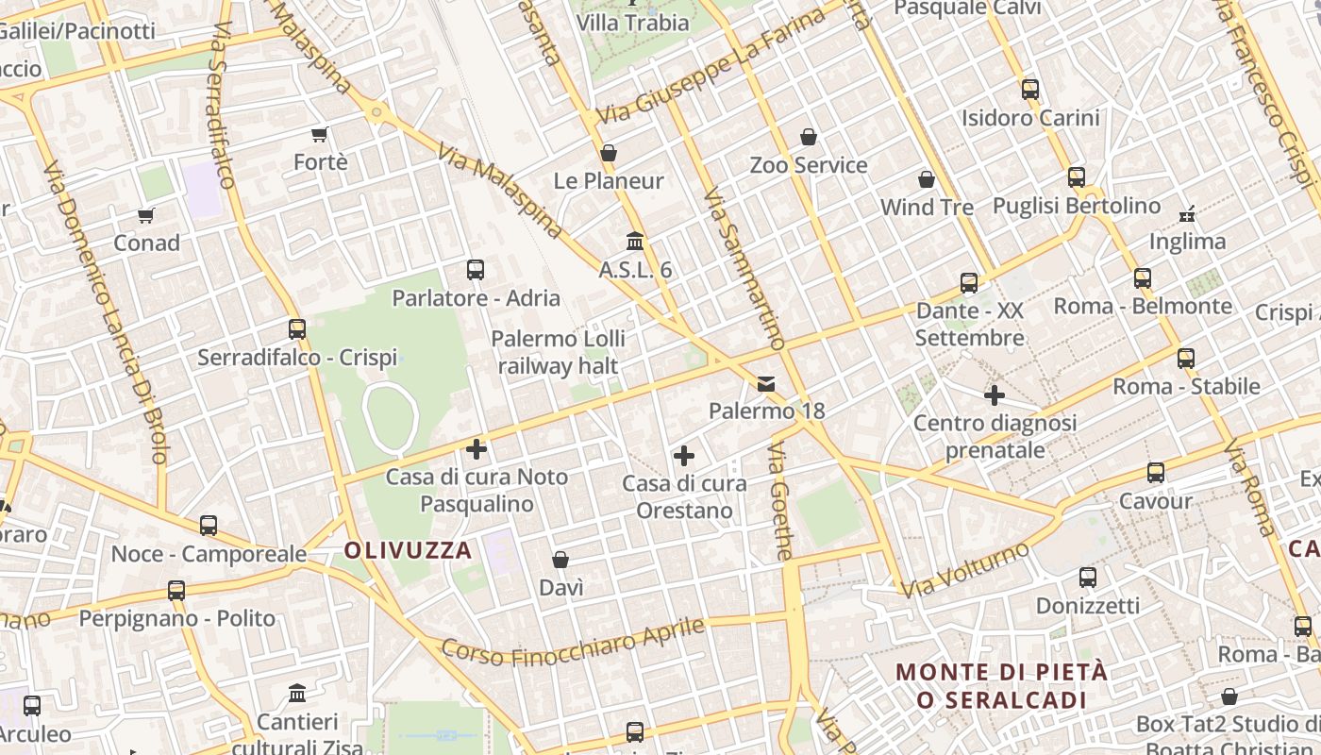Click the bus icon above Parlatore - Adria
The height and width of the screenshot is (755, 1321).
(476, 270)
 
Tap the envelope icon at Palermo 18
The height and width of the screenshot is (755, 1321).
(766, 384)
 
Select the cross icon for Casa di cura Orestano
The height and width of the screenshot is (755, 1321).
(684, 457)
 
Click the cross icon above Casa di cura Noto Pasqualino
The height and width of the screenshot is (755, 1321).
(477, 449)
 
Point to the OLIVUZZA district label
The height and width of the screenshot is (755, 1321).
(408, 550)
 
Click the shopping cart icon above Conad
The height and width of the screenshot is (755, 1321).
(146, 216)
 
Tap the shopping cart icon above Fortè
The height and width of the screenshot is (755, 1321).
(320, 135)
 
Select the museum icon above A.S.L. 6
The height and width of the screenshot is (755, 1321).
(635, 242)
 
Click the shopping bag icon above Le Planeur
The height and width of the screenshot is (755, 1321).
(609, 153)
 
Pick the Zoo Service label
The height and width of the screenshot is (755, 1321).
(809, 165)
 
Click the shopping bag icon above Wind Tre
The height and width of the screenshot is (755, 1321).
(927, 179)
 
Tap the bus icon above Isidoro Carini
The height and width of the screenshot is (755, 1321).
(1029, 90)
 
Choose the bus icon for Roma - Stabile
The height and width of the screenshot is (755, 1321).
(1186, 359)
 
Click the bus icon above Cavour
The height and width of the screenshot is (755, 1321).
(1156, 473)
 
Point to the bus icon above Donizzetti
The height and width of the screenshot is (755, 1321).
(1088, 578)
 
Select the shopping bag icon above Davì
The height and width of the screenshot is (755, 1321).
(560, 560)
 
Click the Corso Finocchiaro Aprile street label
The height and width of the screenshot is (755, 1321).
(574, 643)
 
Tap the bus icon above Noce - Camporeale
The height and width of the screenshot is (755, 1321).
(209, 526)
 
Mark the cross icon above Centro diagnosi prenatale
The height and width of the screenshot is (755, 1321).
(995, 395)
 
